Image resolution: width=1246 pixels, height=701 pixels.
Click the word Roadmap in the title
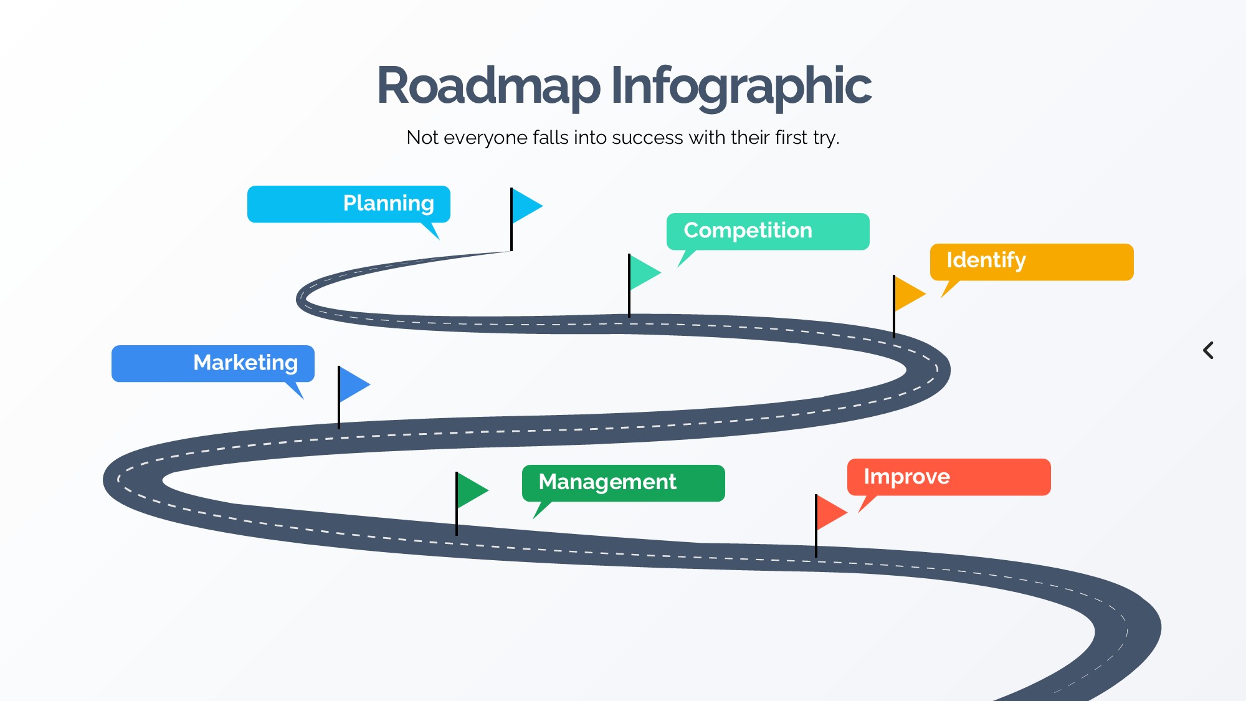tap(488, 86)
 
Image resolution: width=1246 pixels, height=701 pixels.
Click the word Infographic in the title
tap(741, 86)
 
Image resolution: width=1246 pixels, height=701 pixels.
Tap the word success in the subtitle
tap(647, 137)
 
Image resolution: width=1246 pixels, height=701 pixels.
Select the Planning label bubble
tap(348, 204)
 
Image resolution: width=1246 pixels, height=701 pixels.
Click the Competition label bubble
tap(768, 231)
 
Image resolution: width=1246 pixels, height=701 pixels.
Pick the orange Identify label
tap(1031, 262)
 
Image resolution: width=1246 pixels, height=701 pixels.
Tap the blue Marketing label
tap(212, 363)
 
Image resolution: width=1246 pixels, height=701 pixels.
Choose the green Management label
tap(623, 483)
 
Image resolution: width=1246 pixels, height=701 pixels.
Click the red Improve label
tap(948, 477)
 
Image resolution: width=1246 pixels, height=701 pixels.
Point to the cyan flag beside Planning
tap(526, 206)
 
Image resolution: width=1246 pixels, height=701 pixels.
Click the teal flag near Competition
tap(644, 272)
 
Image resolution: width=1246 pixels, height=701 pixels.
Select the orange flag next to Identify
tap(908, 293)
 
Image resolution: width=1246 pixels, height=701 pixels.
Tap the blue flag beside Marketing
tap(353, 384)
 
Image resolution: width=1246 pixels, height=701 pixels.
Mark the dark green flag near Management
tap(471, 490)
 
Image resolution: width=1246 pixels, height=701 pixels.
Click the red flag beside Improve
tap(830, 513)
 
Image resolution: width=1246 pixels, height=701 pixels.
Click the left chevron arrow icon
tap(1208, 350)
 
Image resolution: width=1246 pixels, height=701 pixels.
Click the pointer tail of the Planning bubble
tap(432, 230)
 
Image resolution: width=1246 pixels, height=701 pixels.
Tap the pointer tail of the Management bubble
tap(541, 509)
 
